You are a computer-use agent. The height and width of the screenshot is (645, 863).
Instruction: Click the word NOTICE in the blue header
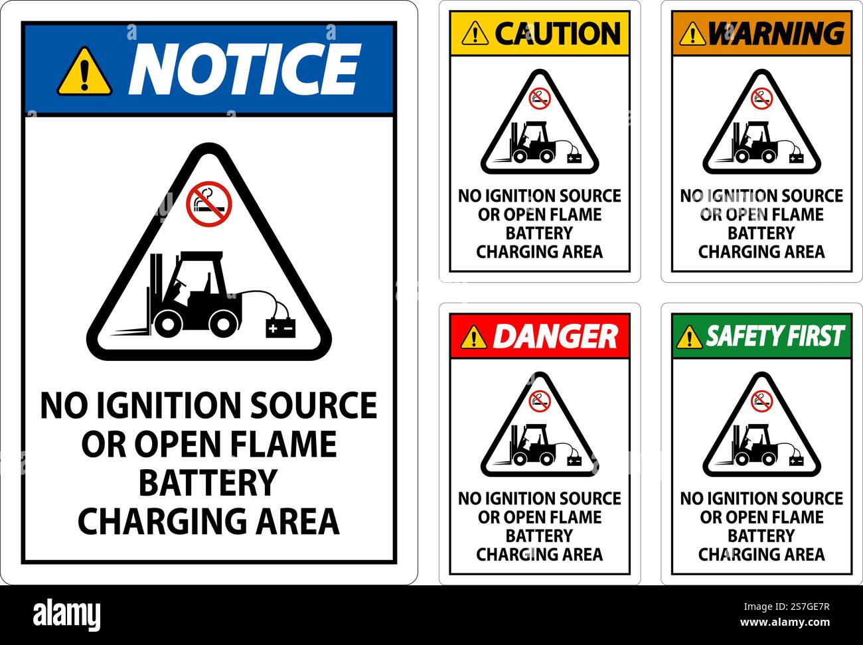(244, 69)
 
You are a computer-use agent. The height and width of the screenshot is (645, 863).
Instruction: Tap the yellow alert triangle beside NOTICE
(84, 71)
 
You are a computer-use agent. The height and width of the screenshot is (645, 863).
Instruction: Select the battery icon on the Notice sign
(280, 328)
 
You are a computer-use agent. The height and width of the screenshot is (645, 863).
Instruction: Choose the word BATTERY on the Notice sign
(208, 482)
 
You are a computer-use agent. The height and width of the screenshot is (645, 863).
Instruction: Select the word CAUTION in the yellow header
(557, 33)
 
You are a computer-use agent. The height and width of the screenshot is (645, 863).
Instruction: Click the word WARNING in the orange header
(775, 33)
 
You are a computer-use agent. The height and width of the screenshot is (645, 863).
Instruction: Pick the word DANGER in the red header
(555, 336)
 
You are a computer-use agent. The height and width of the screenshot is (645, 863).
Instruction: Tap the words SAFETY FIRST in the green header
(774, 336)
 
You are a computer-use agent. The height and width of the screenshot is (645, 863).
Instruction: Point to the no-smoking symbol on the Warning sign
(761, 99)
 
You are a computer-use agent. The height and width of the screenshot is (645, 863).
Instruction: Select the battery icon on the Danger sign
(574, 460)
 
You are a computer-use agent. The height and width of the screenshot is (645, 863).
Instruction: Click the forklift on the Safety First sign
(755, 446)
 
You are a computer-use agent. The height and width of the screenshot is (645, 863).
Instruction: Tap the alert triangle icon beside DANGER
(473, 337)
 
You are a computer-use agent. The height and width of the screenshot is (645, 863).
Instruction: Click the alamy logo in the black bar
(66, 613)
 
